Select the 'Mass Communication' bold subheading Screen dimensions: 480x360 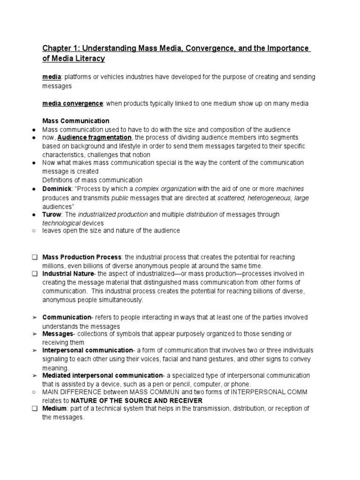75,121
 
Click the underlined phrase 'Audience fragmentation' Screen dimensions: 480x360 94,138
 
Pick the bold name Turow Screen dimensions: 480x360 52,214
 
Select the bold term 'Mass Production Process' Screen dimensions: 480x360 82,257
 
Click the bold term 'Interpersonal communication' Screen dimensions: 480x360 88,350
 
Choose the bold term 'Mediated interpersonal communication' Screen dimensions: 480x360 102,375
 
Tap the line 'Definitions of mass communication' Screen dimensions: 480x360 92,180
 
